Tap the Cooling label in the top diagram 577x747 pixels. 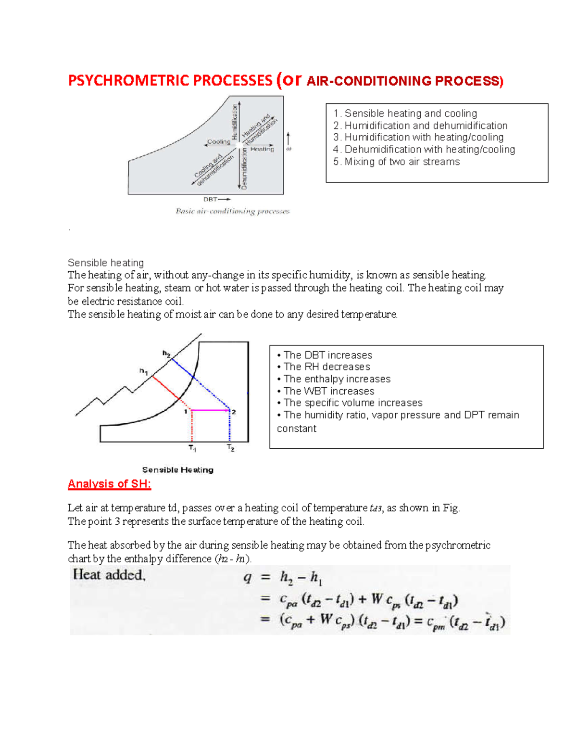(x=219, y=142)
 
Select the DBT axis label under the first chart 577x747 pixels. (x=211, y=199)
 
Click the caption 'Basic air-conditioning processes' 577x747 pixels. (x=232, y=211)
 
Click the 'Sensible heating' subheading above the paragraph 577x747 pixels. (x=106, y=263)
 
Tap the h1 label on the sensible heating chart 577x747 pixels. (x=143, y=371)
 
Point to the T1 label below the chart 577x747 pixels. (x=192, y=448)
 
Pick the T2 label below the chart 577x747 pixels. (x=231, y=448)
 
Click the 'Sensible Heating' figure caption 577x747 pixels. (x=177, y=470)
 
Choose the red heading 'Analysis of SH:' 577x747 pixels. (x=109, y=484)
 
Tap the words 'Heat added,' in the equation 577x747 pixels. (x=109, y=575)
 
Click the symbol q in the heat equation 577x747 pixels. (x=247, y=578)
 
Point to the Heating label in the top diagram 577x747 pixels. (x=262, y=149)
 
